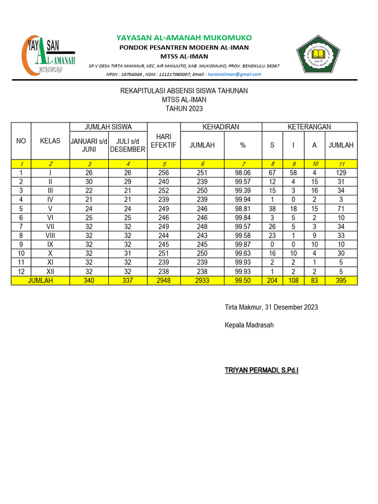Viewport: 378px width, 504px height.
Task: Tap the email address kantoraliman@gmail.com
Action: click(x=234, y=74)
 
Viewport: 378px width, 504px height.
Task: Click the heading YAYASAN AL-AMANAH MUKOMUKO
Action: click(x=184, y=38)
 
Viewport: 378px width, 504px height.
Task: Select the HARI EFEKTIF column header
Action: click(x=163, y=141)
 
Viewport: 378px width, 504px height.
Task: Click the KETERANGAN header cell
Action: click(x=309, y=127)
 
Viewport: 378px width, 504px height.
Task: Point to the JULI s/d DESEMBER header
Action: click(x=127, y=145)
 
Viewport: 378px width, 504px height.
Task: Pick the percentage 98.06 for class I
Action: click(x=243, y=173)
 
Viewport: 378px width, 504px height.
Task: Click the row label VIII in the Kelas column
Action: click(x=50, y=236)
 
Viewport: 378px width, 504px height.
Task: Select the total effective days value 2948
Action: click(x=163, y=281)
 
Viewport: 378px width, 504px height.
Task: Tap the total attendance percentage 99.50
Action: click(x=243, y=281)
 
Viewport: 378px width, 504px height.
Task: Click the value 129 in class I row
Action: click(x=341, y=173)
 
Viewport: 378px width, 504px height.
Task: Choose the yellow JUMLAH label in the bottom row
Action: click(x=40, y=281)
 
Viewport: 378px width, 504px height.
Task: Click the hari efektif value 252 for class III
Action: click(x=163, y=190)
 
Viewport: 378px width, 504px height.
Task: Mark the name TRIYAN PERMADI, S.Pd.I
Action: click(x=261, y=370)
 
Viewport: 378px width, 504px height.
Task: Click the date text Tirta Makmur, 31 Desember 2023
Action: click(x=271, y=307)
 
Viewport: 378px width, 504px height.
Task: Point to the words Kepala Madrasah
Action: click(x=249, y=325)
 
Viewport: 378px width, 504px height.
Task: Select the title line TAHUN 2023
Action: click(x=184, y=109)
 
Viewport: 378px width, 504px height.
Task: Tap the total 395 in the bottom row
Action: click(x=341, y=281)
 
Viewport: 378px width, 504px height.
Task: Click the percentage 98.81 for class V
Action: click(x=243, y=209)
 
